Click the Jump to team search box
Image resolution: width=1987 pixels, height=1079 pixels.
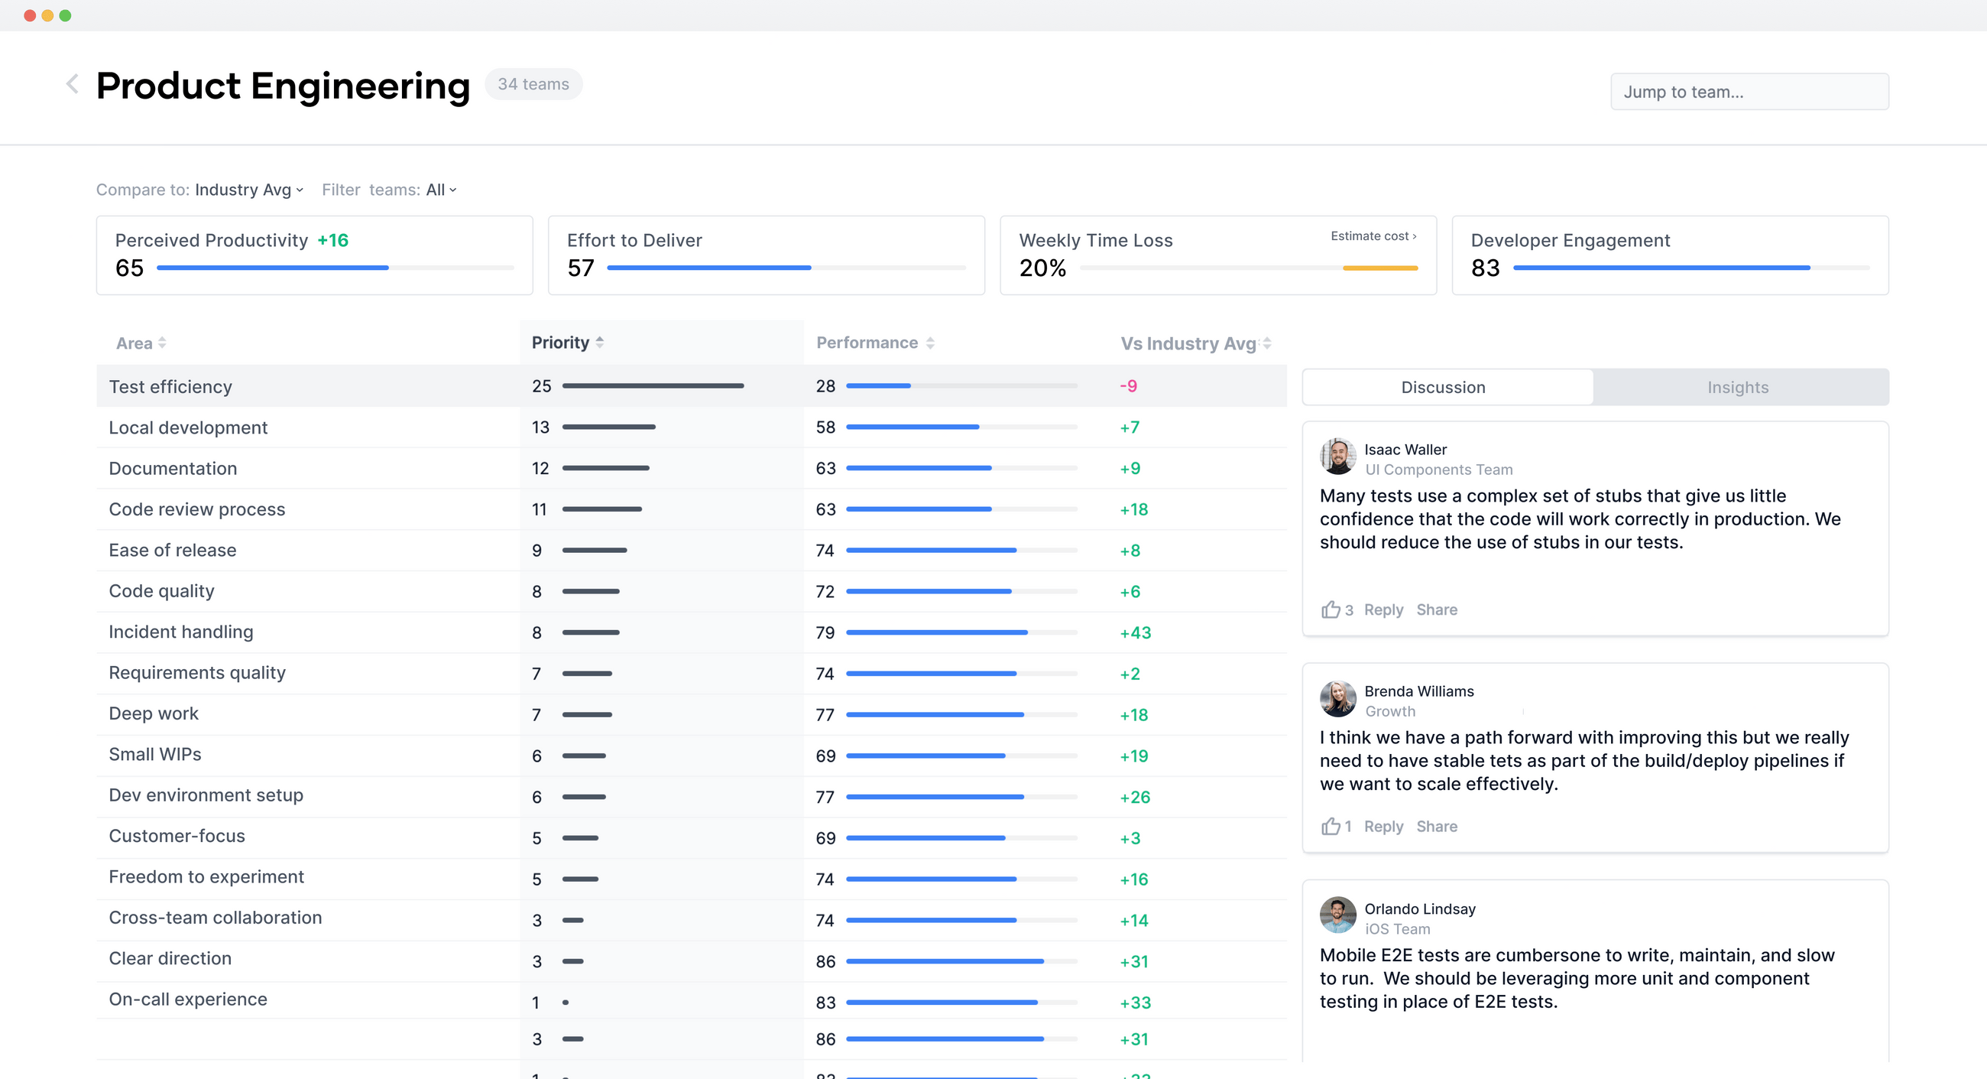(1749, 92)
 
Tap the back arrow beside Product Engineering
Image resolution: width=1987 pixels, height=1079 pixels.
(73, 84)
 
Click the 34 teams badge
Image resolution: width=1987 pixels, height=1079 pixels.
(533, 84)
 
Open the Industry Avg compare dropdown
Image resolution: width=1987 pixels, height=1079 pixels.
(248, 190)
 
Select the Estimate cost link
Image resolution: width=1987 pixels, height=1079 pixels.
(1373, 236)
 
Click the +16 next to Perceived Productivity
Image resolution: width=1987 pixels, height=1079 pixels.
(332, 240)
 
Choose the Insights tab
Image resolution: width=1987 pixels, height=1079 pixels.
(1737, 388)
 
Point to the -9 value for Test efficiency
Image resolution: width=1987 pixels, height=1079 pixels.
(1128, 386)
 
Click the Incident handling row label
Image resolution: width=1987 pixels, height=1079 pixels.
(180, 632)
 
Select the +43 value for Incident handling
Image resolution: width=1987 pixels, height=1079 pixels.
(1135, 633)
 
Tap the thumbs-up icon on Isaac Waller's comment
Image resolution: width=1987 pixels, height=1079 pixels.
(1331, 609)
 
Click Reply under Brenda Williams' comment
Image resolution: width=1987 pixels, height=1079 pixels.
(1383, 827)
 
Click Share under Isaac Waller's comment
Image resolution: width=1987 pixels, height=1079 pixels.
(1436, 609)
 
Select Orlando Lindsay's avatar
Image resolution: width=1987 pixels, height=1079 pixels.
(1337, 915)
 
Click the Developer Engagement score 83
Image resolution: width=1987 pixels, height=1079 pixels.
(1485, 268)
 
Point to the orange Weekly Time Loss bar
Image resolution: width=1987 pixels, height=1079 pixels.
(1380, 268)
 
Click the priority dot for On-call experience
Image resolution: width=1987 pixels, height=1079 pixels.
(566, 1003)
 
